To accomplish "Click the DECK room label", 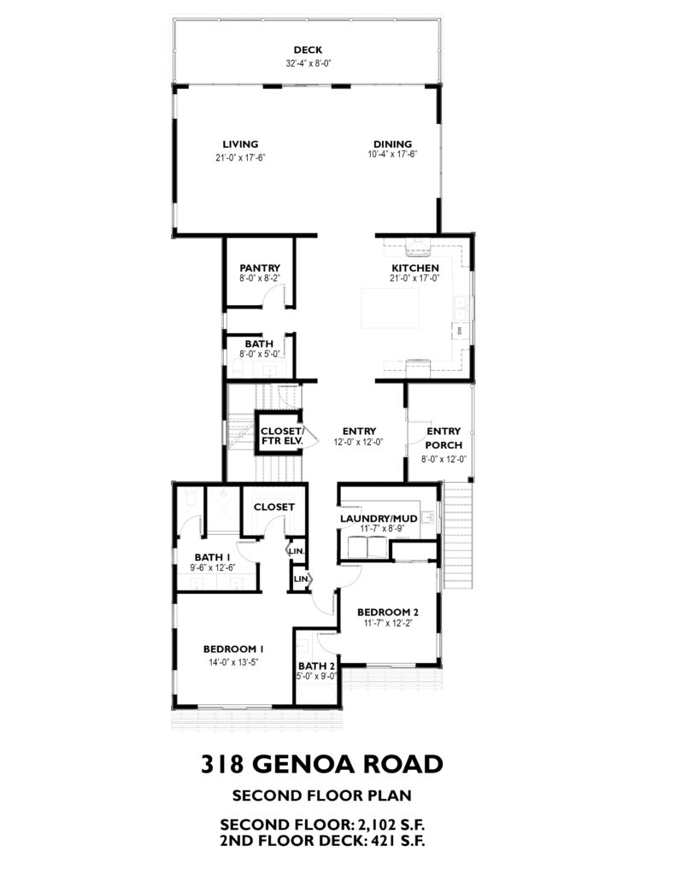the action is tap(308, 50).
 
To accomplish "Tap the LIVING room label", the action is tap(240, 144).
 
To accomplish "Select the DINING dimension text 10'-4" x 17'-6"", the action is tap(393, 155).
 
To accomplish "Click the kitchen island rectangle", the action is tap(391, 308).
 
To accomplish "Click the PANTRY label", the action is tap(260, 268).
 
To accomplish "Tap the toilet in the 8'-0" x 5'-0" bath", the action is tap(238, 367).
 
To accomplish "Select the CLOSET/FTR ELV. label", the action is tap(282, 436).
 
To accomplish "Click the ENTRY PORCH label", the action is tap(444, 438).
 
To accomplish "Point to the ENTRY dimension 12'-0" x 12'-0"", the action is tap(359, 442).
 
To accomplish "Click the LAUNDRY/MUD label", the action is tap(379, 519).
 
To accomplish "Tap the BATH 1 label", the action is tap(212, 557).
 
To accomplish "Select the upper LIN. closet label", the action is tap(297, 551).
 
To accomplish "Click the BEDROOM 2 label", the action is tap(388, 613).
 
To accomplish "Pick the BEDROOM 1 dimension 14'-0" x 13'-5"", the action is tap(233, 662).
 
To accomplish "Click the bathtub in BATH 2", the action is tap(316, 696).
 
